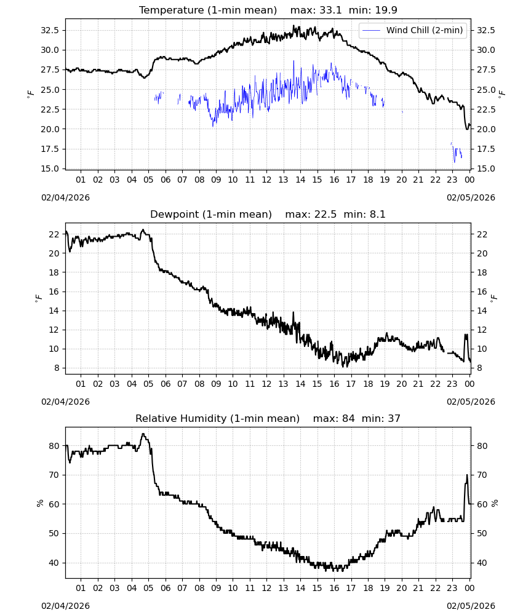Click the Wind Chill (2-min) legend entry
(413, 30)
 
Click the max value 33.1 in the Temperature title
(330, 10)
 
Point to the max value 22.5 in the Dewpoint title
(325, 215)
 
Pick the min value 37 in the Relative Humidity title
(394, 418)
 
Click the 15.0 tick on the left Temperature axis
(50, 169)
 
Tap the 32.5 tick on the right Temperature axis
(485, 30)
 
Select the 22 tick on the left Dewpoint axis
(54, 234)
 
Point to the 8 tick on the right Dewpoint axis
(479, 368)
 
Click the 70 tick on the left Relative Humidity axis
(54, 475)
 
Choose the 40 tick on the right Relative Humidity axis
(482, 563)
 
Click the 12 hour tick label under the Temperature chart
(267, 180)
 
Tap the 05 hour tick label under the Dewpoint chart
(148, 384)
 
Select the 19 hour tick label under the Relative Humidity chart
(385, 588)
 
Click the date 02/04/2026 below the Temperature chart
(65, 197)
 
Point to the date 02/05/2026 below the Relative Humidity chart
(471, 606)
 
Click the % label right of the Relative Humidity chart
(495, 503)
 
